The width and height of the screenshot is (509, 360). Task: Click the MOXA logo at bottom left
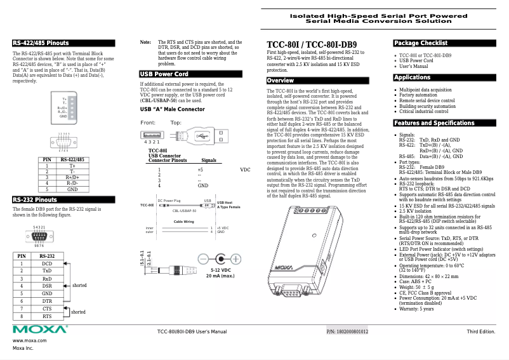click(39, 330)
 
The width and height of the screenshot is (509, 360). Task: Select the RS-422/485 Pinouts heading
click(41, 43)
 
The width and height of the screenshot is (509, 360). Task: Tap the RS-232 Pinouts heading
click(35, 200)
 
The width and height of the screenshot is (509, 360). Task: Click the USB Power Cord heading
click(164, 74)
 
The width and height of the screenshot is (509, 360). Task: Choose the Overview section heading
click(280, 81)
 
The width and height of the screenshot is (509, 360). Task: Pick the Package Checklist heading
click(420, 43)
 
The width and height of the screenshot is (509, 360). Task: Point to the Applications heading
click(412, 77)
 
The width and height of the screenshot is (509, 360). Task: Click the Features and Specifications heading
click(433, 123)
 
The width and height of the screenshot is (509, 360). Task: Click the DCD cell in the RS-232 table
click(47, 263)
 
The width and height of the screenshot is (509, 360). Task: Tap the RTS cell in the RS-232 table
click(47, 316)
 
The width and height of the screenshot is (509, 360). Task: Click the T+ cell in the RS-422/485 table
click(72, 166)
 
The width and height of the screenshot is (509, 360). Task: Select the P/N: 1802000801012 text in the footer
click(347, 332)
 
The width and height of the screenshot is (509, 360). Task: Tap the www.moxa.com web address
click(29, 341)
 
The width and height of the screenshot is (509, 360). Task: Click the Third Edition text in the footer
click(480, 332)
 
